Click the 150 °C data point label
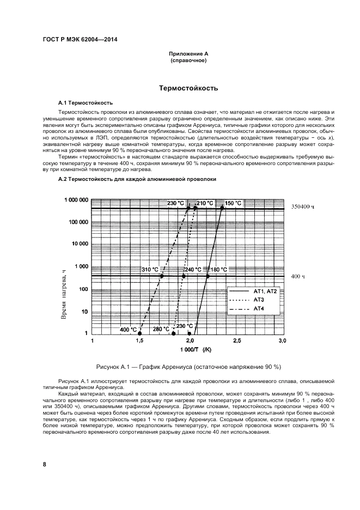tap(233, 203)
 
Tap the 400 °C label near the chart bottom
tap(129, 330)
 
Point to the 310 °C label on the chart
tap(150, 270)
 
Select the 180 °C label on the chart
tap(219, 270)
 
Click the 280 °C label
tap(161, 330)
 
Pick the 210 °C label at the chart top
tap(205, 203)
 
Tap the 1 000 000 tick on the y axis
tap(76, 200)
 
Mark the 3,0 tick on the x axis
tap(282, 341)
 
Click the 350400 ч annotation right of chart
tap(304, 207)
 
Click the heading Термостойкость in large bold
tap(188, 88)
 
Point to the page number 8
tap(44, 464)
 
